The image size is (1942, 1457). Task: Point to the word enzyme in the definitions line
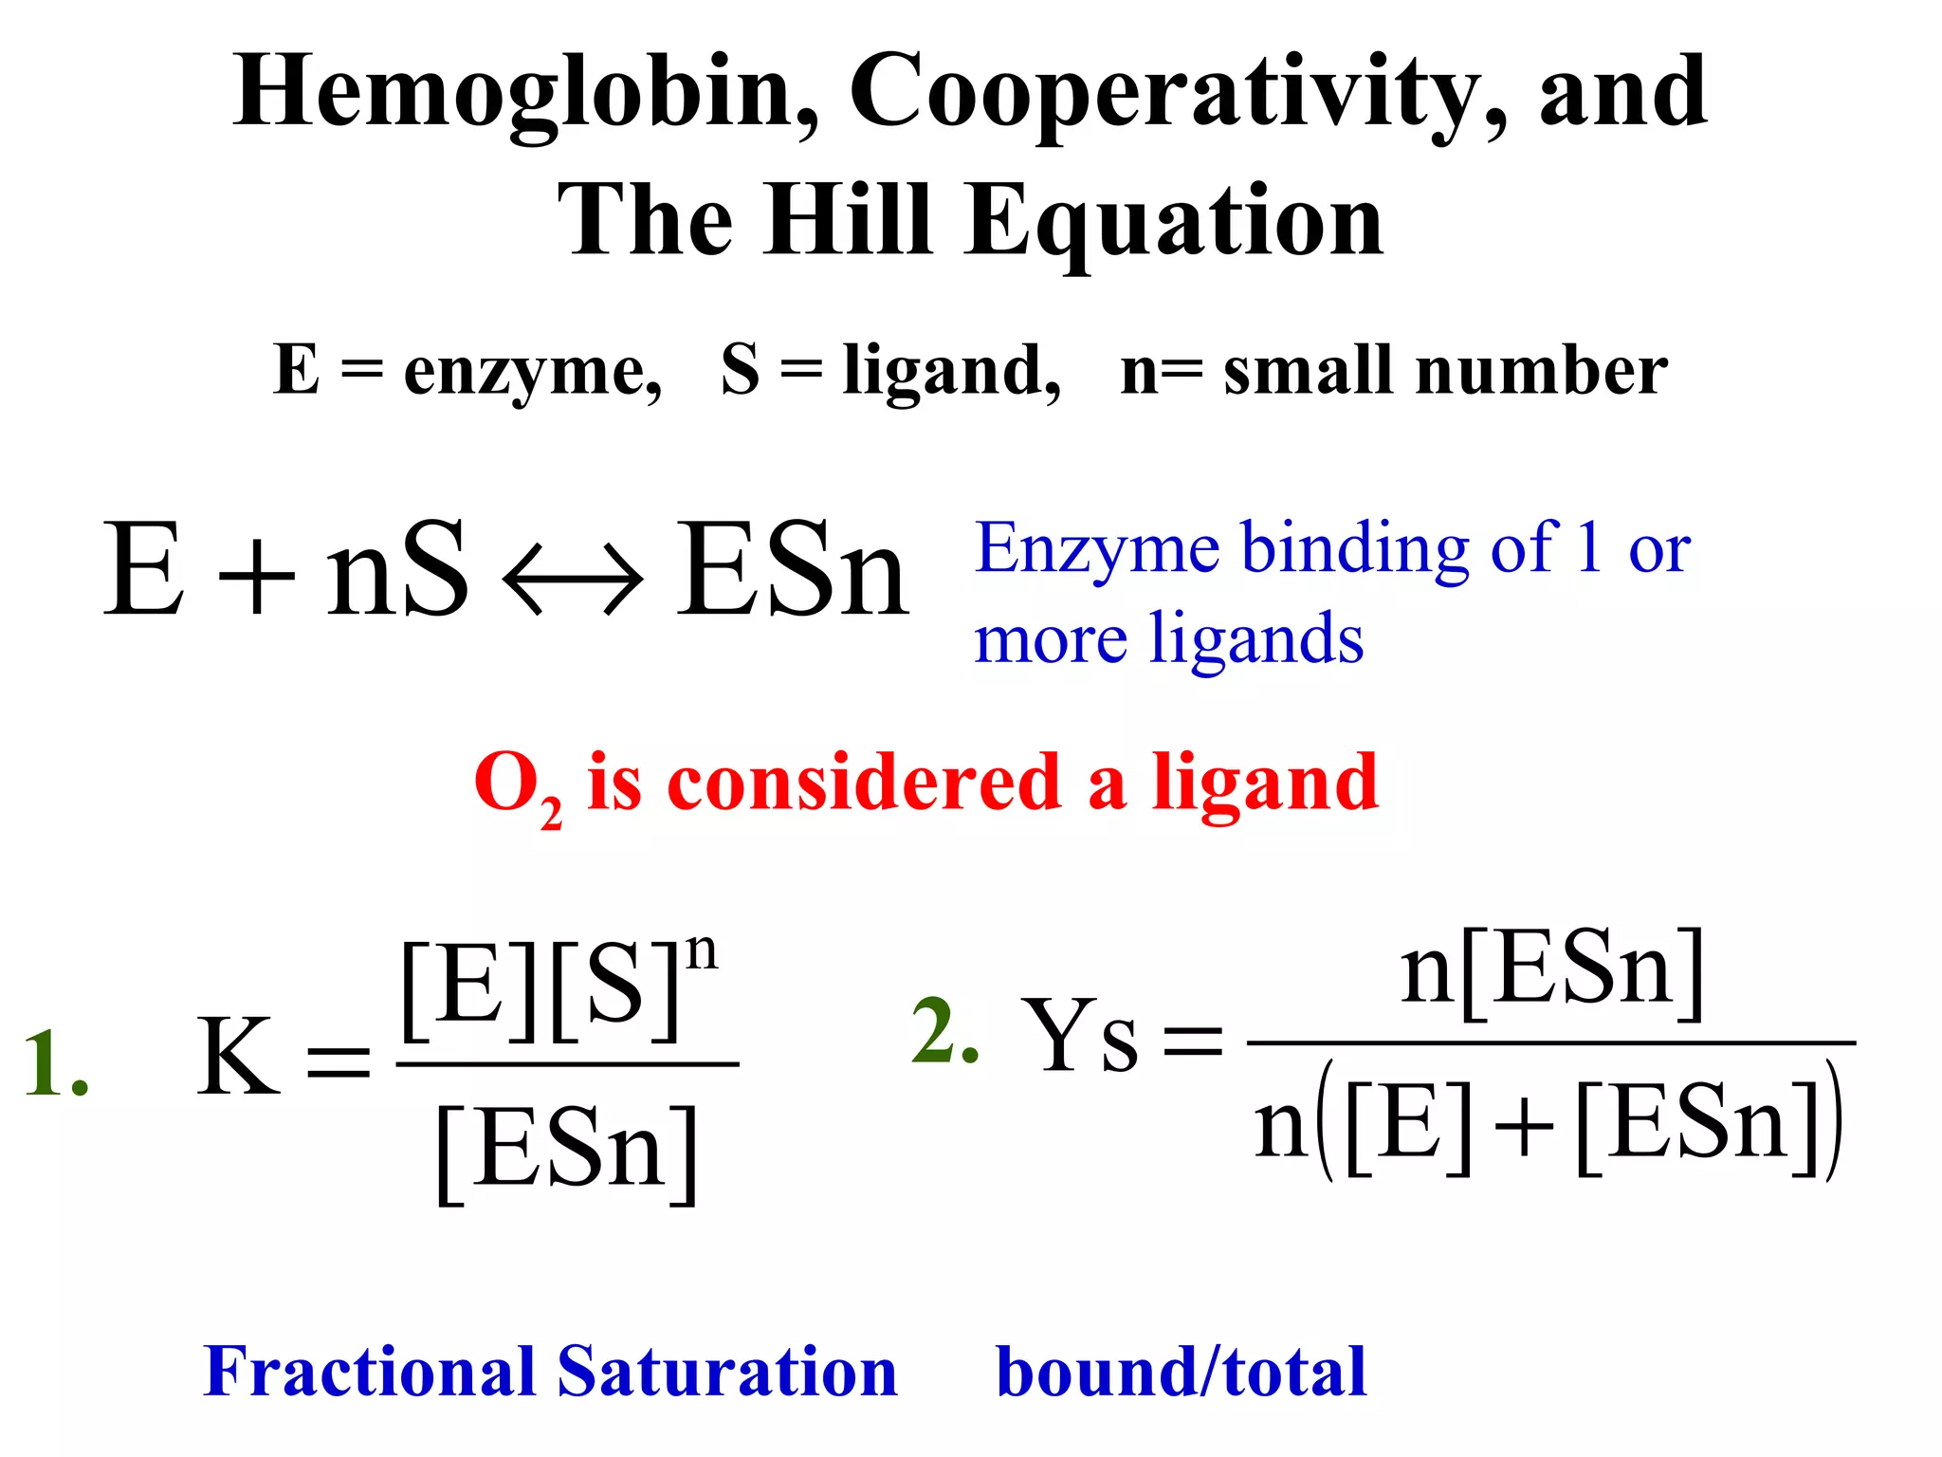(532, 372)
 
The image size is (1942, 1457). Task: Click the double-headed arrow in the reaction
(572, 577)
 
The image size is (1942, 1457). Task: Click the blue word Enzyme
(1097, 550)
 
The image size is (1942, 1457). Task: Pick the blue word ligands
(1255, 639)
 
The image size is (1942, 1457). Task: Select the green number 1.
(55, 1064)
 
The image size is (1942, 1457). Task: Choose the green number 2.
(944, 1032)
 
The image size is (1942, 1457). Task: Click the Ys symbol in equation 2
(1081, 1038)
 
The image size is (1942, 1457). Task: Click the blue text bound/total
(1181, 1372)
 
